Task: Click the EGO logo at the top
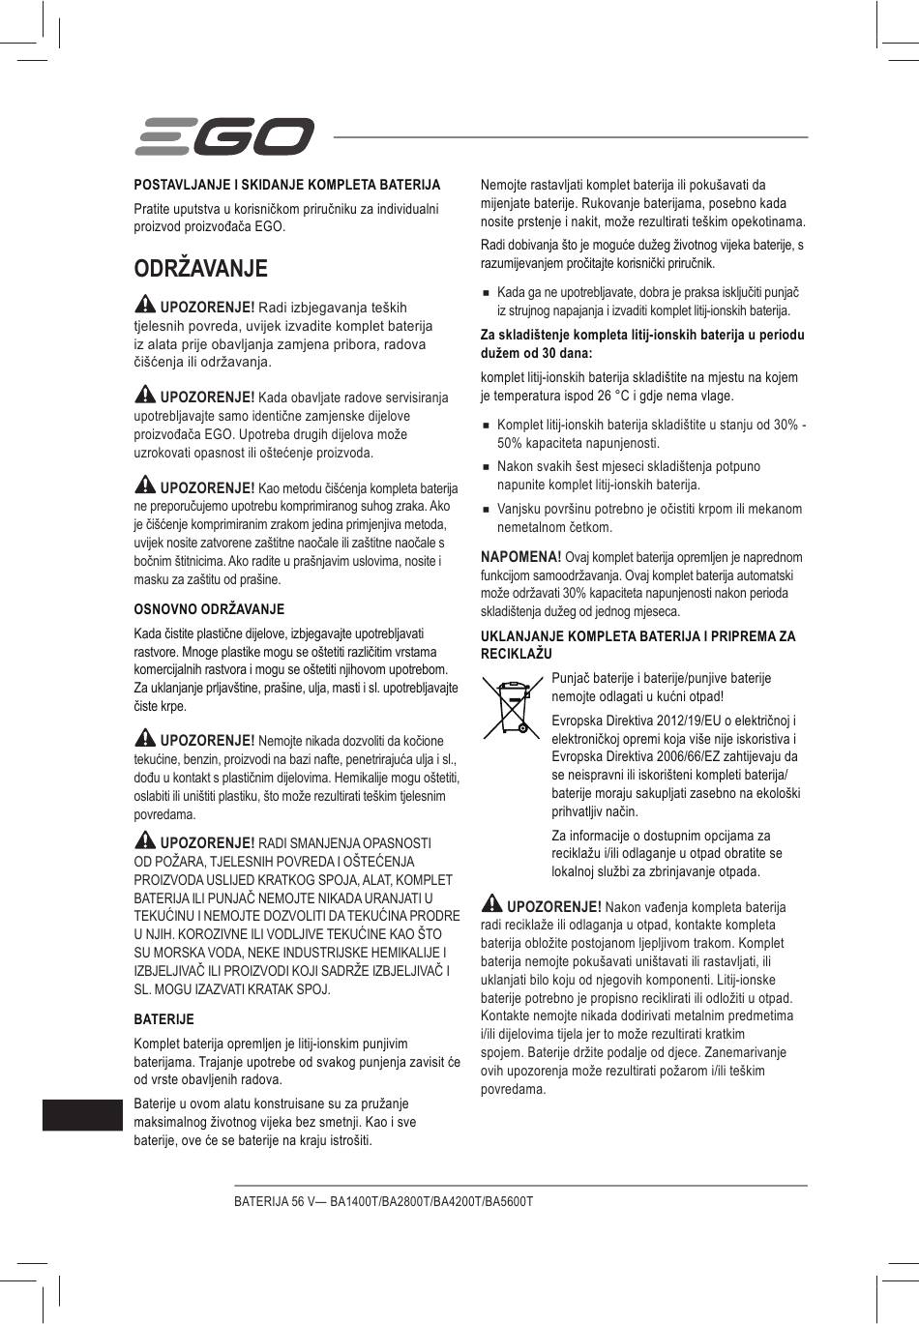click(x=223, y=136)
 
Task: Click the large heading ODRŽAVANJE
click(x=200, y=268)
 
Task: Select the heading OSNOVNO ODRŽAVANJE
click(x=209, y=609)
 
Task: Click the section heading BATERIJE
click(x=163, y=1019)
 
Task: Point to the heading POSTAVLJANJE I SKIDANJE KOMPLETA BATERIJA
click(x=286, y=184)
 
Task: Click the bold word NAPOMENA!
click(x=520, y=557)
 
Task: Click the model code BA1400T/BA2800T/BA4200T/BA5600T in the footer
click(x=431, y=1201)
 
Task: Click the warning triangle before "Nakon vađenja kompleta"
click(x=491, y=905)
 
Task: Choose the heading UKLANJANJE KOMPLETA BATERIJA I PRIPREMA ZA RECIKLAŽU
click(x=637, y=645)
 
